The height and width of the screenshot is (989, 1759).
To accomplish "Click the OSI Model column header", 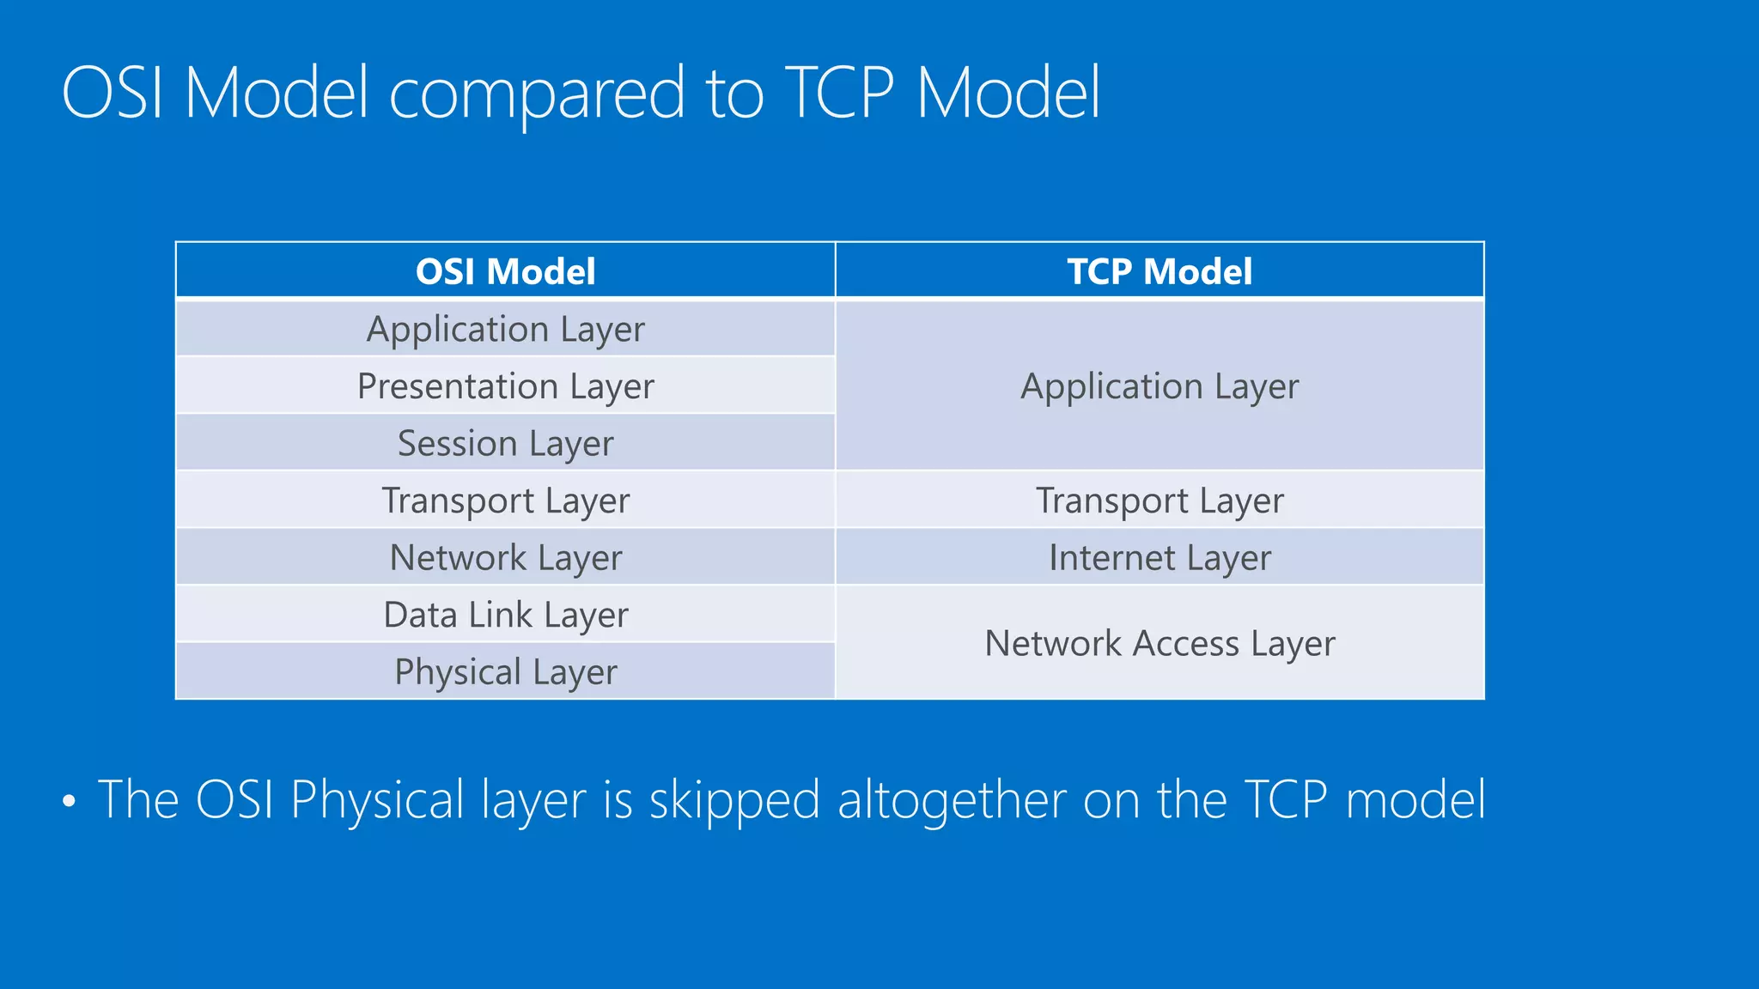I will tap(505, 271).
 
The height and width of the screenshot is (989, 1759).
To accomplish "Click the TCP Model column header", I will tap(1159, 271).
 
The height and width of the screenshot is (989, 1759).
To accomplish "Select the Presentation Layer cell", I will tap(505, 386).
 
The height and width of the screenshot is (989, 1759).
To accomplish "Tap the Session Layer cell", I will tap(505, 444).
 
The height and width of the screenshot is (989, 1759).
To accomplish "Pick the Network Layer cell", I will tap(505, 558).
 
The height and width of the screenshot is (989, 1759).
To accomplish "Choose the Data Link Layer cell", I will tap(505, 616).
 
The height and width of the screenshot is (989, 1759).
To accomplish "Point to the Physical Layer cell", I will tap(505, 672).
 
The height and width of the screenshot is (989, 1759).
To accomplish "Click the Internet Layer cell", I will tap(1159, 558).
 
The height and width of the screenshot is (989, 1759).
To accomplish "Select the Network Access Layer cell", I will tap(1159, 644).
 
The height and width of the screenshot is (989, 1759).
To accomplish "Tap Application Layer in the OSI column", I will tap(505, 329).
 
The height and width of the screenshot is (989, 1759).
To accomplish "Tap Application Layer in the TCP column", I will tap(1159, 386).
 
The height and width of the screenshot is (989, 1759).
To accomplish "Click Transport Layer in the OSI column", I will tap(505, 501).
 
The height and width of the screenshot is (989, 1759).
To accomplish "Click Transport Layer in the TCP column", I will tap(1159, 501).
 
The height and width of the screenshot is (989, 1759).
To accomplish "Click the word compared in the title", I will tap(537, 94).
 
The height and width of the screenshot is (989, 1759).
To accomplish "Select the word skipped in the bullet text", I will tap(734, 801).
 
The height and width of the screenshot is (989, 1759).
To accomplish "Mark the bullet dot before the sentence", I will tap(70, 802).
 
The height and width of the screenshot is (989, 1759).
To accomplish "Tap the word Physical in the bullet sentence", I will tap(377, 801).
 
